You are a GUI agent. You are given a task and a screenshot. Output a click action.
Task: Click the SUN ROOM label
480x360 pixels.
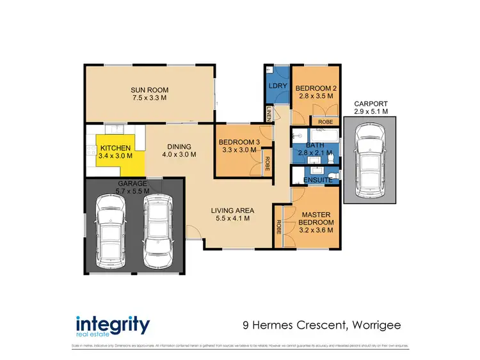pyautogui.click(x=149, y=90)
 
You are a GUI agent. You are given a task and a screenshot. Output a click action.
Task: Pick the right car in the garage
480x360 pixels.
pyautogui.click(x=157, y=231)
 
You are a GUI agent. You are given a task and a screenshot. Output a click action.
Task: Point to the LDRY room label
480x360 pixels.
pyautogui.click(x=277, y=86)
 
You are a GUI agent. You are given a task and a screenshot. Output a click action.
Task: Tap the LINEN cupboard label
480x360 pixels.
pyautogui.click(x=269, y=114)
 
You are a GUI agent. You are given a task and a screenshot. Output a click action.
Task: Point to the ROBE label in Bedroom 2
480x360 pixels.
pyautogui.click(x=325, y=121)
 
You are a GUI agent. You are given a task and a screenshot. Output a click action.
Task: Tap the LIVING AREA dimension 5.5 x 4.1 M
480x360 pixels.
pyautogui.click(x=233, y=219)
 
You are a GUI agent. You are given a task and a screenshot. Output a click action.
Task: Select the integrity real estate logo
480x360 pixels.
pyautogui.click(x=113, y=325)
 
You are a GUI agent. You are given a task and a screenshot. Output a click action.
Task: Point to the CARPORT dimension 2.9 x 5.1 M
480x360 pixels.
pyautogui.click(x=370, y=111)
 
